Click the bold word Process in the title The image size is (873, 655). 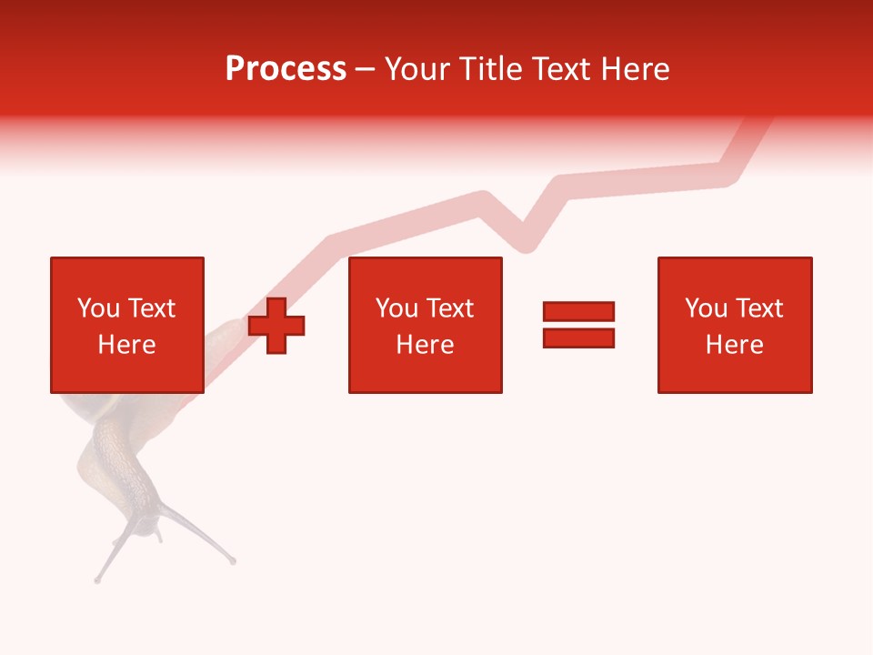click(x=286, y=69)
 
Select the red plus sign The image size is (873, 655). click(x=277, y=326)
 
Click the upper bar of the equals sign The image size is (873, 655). click(x=578, y=312)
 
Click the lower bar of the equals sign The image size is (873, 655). click(x=578, y=338)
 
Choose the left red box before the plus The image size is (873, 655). click(x=127, y=273)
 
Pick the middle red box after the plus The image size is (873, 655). click(x=426, y=273)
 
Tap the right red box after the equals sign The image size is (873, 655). click(x=735, y=273)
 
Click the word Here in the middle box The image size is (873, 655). click(x=426, y=345)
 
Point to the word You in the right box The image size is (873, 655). click(x=706, y=308)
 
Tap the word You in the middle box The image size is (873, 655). click(x=396, y=308)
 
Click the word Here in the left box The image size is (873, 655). click(x=127, y=345)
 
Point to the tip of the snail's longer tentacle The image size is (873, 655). click(x=233, y=560)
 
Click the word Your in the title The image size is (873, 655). click(x=417, y=69)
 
